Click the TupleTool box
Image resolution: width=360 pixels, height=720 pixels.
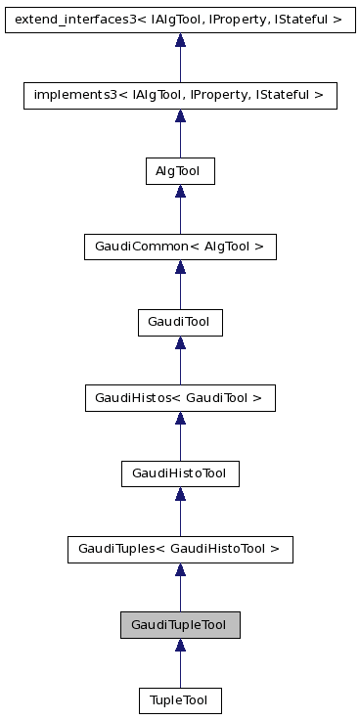(x=180, y=700)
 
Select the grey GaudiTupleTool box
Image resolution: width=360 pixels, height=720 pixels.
(x=180, y=625)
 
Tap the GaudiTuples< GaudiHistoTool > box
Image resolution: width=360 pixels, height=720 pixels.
(x=180, y=550)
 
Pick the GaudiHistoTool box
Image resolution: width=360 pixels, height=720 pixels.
(x=180, y=473)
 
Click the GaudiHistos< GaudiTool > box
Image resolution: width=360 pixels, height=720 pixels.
(x=180, y=398)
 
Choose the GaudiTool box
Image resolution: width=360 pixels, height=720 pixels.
(x=180, y=322)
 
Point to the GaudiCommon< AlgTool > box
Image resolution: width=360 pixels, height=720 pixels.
(x=180, y=247)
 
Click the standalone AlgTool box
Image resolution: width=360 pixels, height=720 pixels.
(x=180, y=170)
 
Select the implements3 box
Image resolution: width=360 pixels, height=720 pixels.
(x=180, y=95)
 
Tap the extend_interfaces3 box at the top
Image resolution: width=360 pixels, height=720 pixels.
(x=180, y=19)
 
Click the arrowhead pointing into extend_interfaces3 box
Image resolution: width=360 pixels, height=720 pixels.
(x=180, y=40)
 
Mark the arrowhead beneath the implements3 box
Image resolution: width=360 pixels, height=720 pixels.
(x=180, y=115)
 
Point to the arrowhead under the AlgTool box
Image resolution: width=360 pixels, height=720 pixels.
(x=180, y=192)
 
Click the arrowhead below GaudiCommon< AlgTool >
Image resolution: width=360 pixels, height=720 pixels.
(x=180, y=267)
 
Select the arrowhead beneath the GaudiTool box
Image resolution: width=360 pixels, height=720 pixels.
(x=180, y=343)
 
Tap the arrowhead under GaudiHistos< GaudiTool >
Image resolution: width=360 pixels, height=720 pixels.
(x=180, y=419)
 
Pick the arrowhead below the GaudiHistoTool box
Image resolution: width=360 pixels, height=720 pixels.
(x=180, y=495)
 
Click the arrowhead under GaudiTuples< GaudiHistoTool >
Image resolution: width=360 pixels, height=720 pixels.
(x=180, y=570)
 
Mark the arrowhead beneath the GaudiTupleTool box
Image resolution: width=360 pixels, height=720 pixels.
(x=180, y=647)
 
